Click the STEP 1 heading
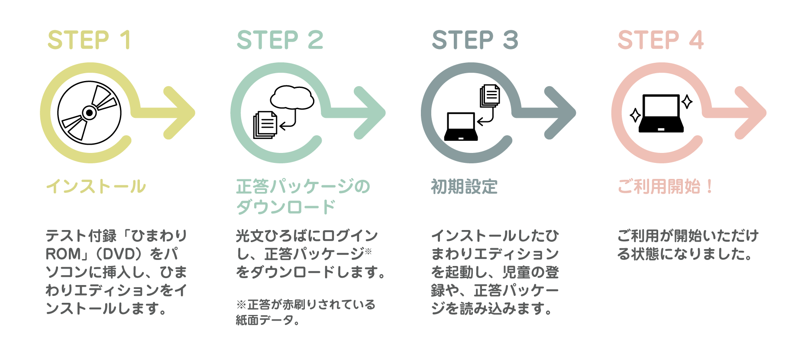pos(89,40)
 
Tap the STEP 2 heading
pos(280,40)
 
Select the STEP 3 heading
pos(475,40)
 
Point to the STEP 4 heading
pos(661,40)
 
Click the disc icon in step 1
pos(89,113)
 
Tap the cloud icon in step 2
pos(292,97)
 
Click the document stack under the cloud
pos(265,125)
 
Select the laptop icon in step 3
pos(461,126)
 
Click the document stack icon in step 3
pos(490,95)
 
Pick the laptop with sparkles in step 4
pos(661,113)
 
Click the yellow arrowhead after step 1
pos(180,113)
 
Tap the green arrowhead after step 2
pos(370,113)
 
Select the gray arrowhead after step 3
pos(560,113)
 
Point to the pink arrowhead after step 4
pos(751,113)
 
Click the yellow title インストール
pos(96,187)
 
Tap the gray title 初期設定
pos(464,187)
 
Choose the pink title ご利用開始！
pos(665,187)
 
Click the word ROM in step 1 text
pos(63,254)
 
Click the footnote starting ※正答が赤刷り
pos(306,312)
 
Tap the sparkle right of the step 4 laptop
pos(687,102)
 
